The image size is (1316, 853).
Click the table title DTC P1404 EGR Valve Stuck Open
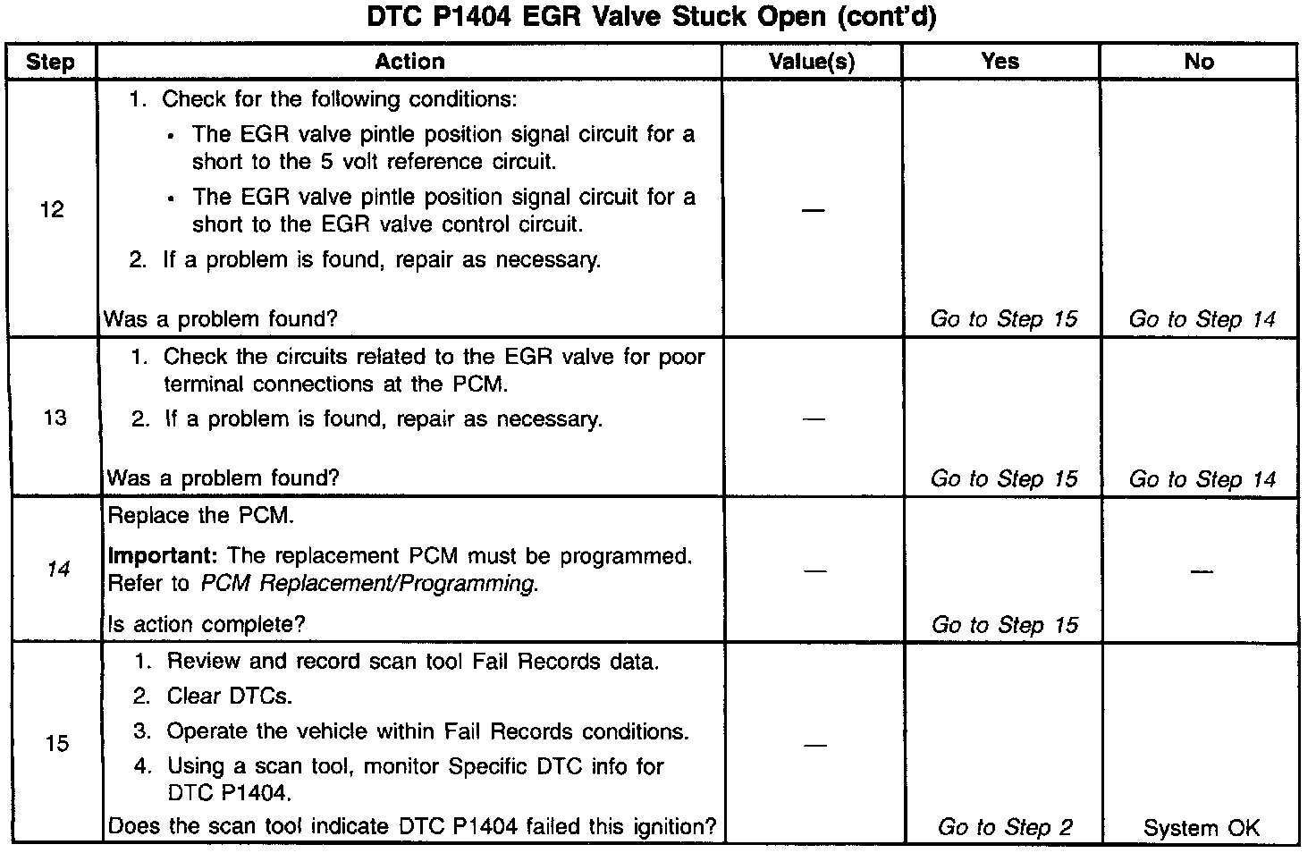(x=652, y=18)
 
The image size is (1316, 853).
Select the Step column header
(x=50, y=62)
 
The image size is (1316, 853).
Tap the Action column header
(x=409, y=62)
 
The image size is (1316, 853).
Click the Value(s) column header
(x=812, y=62)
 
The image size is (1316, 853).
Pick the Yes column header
(x=1000, y=62)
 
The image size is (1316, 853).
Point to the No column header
(x=1199, y=62)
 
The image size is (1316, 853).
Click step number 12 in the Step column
(x=53, y=209)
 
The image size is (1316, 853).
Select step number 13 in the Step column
(x=55, y=418)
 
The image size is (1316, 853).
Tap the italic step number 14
(x=57, y=569)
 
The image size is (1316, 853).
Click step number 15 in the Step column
(x=57, y=743)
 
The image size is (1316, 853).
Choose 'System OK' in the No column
(x=1201, y=828)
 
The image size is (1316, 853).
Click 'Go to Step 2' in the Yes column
(x=1005, y=828)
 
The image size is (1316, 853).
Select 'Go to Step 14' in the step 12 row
(x=1202, y=319)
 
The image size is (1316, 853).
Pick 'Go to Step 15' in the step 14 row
(x=1005, y=625)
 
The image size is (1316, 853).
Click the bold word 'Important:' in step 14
(x=157, y=556)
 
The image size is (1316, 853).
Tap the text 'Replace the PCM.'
(x=200, y=516)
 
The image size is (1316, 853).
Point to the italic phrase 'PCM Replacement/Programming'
(x=368, y=584)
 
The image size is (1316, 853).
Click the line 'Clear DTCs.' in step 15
(x=230, y=696)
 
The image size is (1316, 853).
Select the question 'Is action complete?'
(x=207, y=625)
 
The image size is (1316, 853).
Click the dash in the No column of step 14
(x=1201, y=570)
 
